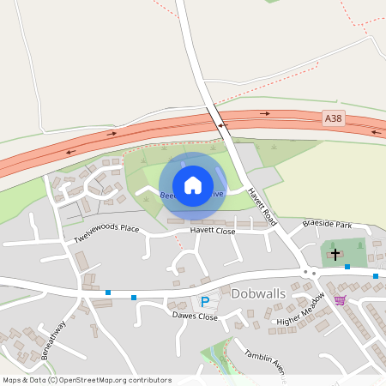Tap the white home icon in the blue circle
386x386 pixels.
tap(193, 185)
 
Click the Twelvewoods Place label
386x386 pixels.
tap(106, 232)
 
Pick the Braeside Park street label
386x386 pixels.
tap(327, 225)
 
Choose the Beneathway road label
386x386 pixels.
tap(53, 341)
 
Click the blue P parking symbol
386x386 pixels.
tap(204, 301)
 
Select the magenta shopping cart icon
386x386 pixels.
tap(340, 300)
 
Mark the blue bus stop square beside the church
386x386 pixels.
tap(347, 267)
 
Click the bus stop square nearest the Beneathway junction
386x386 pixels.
tap(108, 293)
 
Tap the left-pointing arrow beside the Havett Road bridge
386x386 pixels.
tap(223, 124)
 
